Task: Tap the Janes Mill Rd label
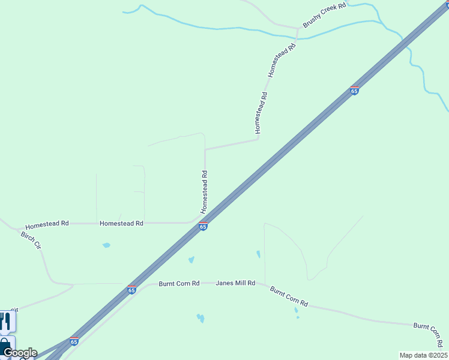(x=235, y=283)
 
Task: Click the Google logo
(x=19, y=353)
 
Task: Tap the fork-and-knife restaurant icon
(x=6, y=322)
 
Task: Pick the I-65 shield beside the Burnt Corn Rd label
(x=131, y=290)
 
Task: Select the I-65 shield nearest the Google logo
(x=74, y=341)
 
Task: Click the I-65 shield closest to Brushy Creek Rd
(x=354, y=91)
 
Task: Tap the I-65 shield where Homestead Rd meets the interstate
(x=203, y=226)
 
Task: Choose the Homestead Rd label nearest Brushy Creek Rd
(x=282, y=59)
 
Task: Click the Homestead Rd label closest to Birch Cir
(x=47, y=223)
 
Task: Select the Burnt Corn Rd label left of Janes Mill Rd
(x=179, y=283)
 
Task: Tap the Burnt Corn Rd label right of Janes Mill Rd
(x=289, y=296)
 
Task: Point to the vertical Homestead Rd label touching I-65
(x=204, y=192)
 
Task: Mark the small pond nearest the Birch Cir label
(x=106, y=245)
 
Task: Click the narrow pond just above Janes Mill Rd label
(x=259, y=254)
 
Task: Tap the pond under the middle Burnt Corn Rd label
(x=296, y=311)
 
